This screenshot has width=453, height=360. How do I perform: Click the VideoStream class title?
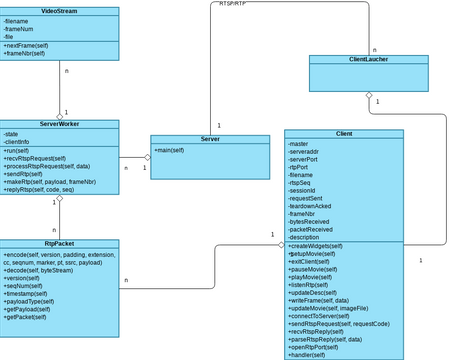pos(59,12)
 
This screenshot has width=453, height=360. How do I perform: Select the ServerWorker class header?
pos(59,124)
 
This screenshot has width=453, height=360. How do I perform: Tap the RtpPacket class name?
pos(59,243)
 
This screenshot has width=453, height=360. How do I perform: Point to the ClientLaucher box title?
pos(368,60)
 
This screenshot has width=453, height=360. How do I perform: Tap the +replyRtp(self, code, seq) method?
pos(39,189)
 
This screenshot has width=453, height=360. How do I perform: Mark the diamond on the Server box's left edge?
pos(146,157)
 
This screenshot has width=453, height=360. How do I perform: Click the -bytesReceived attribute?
pos(309,222)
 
